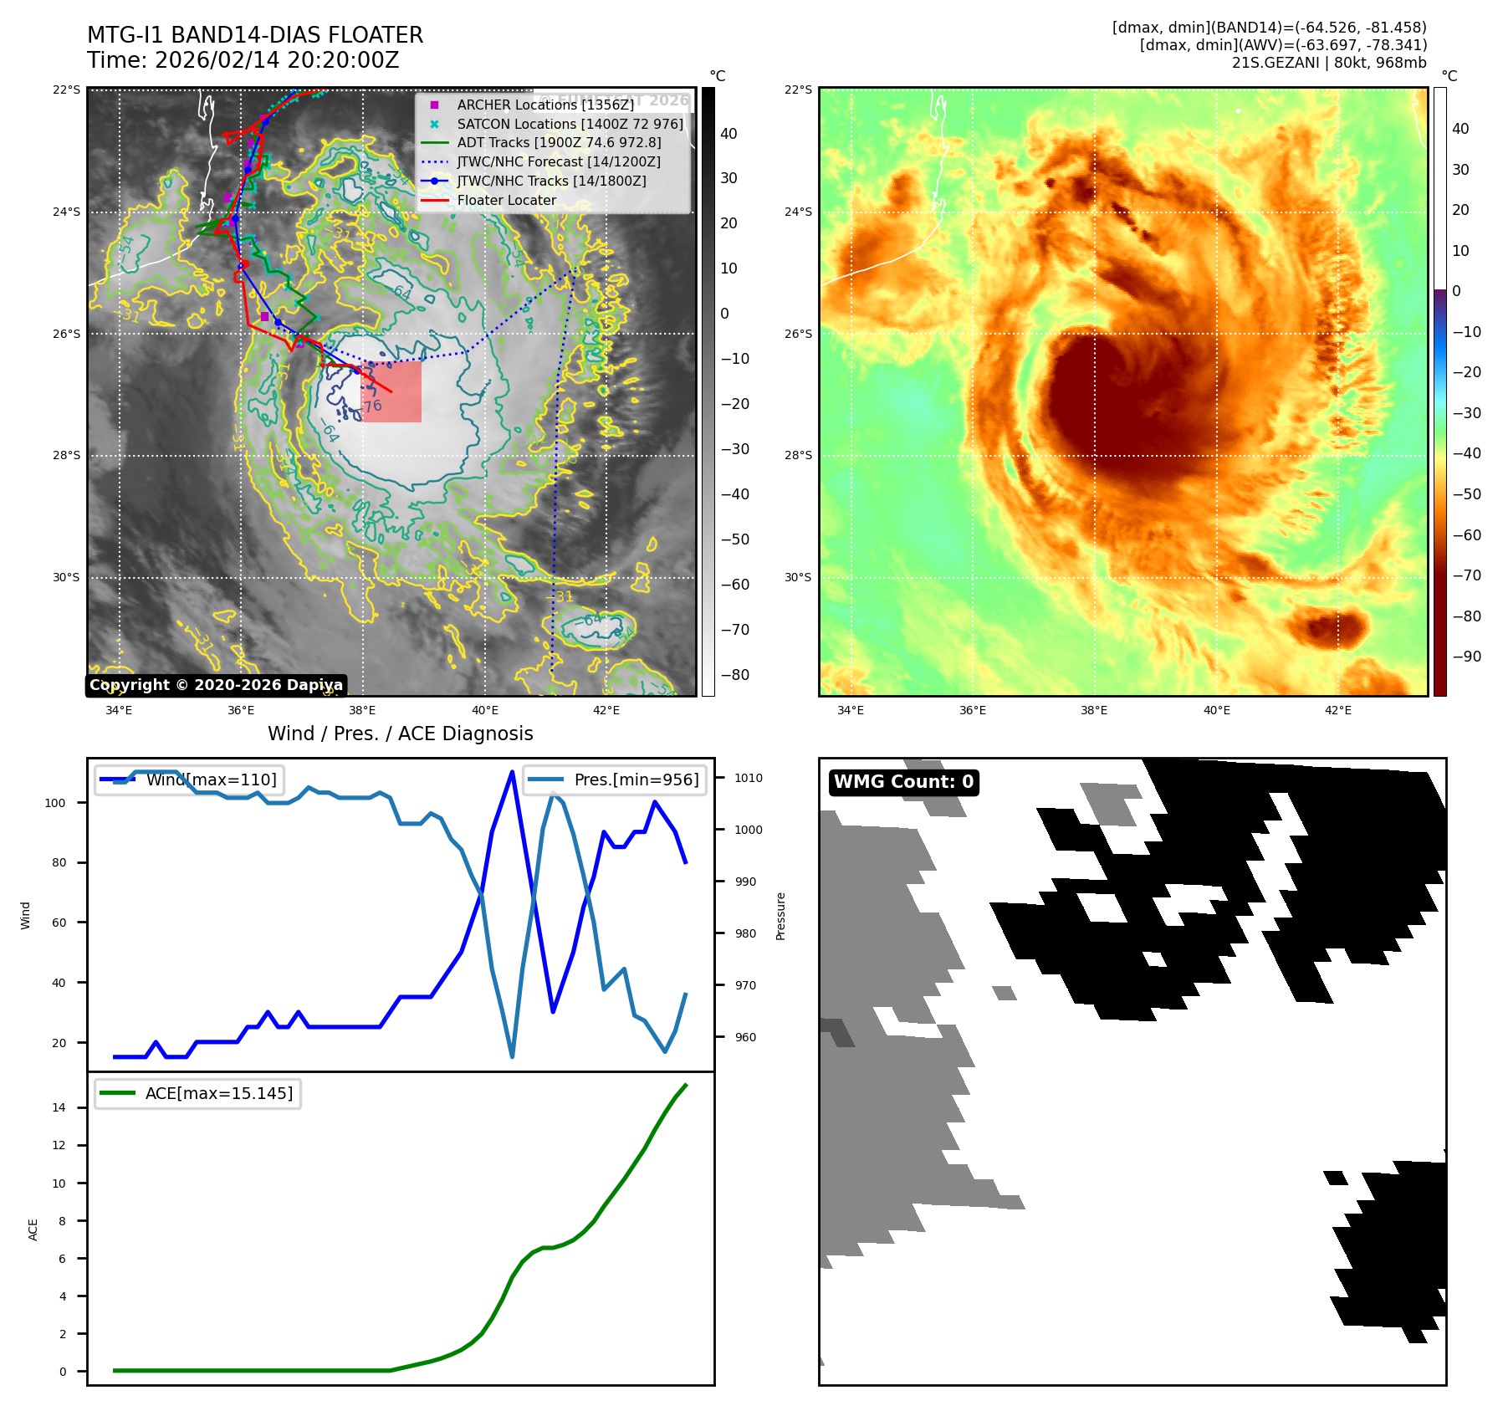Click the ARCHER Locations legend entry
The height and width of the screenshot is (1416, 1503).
(x=544, y=105)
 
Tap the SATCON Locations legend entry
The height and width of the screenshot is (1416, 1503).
(x=570, y=125)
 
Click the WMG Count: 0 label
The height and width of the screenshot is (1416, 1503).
(x=903, y=782)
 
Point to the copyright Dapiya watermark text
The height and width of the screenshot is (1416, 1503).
(x=216, y=685)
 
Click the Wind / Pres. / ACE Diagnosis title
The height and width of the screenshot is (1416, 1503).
(x=400, y=734)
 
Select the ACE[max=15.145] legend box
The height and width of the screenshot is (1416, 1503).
(x=198, y=1094)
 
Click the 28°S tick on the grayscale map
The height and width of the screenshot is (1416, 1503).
(x=67, y=456)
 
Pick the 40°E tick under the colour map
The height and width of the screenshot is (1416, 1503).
(x=1216, y=710)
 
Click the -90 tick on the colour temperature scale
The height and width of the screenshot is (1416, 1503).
(x=1466, y=657)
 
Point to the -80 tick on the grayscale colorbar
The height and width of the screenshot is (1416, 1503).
(x=735, y=675)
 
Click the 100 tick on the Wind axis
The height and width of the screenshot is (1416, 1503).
(x=55, y=803)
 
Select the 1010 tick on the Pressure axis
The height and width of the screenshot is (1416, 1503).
(x=749, y=778)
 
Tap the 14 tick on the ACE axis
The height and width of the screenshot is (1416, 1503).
(x=59, y=1107)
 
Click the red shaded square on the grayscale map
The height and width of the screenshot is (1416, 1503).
(x=391, y=391)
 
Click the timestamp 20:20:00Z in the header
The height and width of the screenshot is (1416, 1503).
(x=340, y=61)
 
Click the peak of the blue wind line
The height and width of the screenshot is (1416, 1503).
(x=512, y=772)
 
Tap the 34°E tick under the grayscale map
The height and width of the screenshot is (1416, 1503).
(x=119, y=710)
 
